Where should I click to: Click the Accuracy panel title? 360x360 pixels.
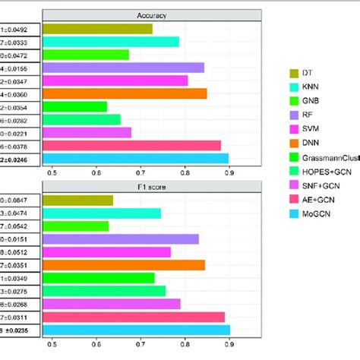[x=152, y=14]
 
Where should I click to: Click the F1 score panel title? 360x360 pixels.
[x=152, y=185]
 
